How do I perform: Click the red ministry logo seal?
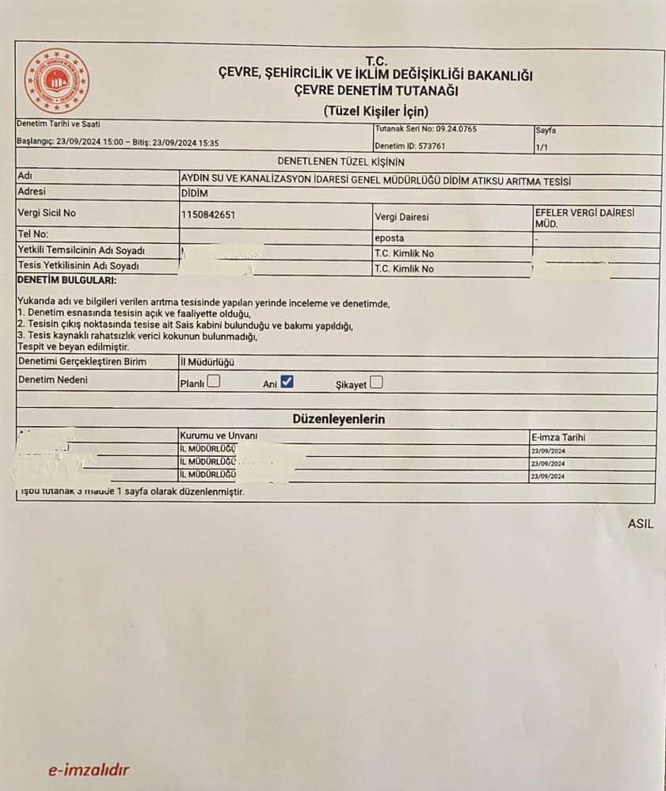(x=57, y=81)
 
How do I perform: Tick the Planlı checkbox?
(x=214, y=382)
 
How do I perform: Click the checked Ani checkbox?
(x=287, y=382)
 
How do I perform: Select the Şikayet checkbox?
(x=376, y=382)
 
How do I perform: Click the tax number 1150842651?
(x=208, y=215)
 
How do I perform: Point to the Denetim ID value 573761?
(x=432, y=146)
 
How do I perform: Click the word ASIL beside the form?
(x=641, y=523)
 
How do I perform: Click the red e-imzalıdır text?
(x=88, y=770)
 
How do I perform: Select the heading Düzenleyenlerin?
(x=339, y=419)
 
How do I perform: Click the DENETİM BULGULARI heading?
(x=67, y=280)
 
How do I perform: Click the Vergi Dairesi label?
(x=402, y=217)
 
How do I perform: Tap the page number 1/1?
(x=542, y=146)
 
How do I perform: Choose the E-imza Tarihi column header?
(x=559, y=437)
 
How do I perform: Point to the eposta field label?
(x=389, y=238)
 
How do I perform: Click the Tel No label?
(x=33, y=234)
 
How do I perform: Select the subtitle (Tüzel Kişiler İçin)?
(x=376, y=111)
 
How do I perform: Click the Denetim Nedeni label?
(x=53, y=380)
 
